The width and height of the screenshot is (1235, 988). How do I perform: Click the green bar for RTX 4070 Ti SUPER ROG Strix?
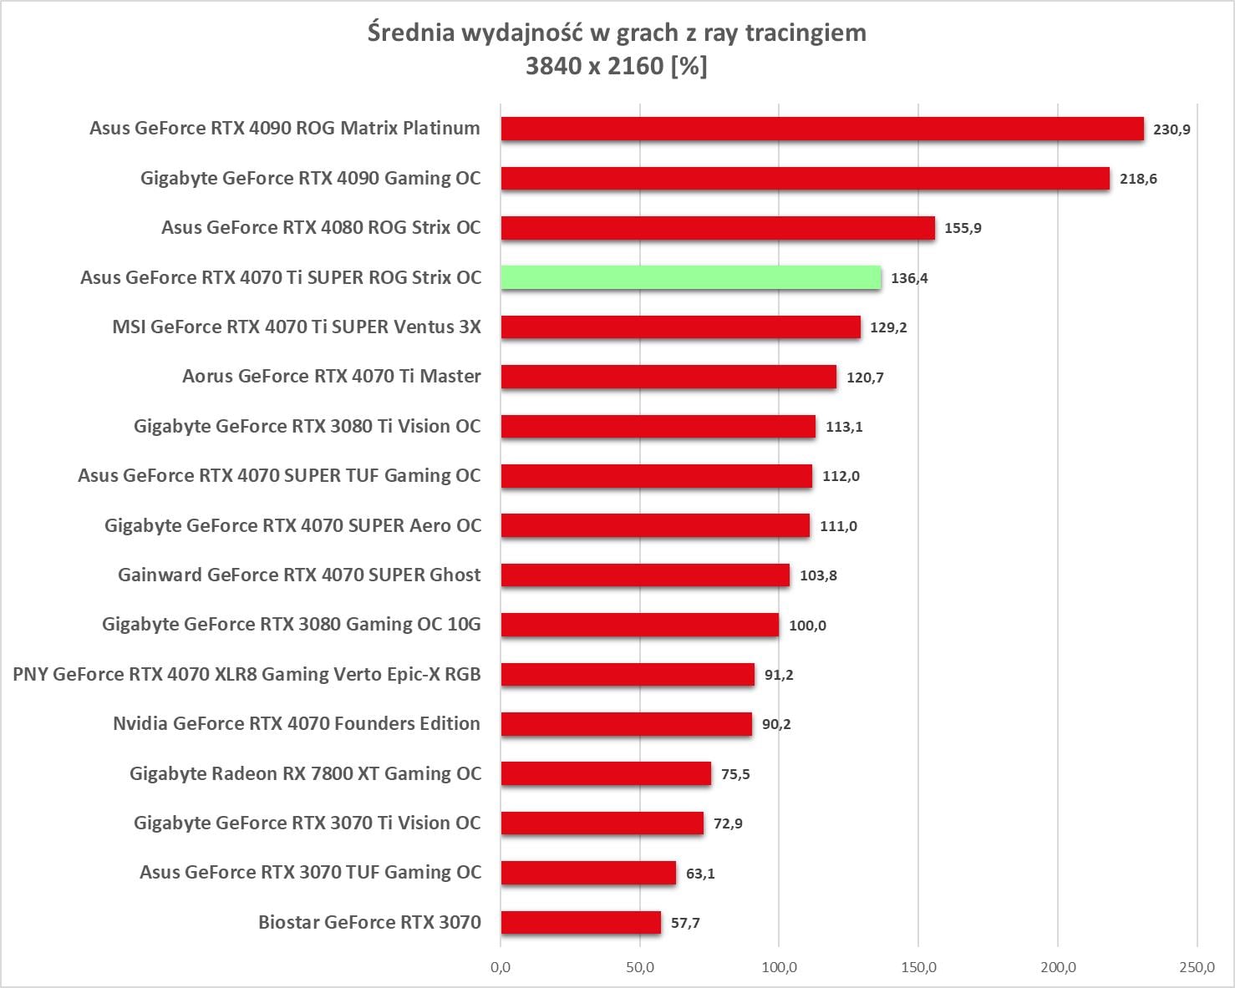pos(690,277)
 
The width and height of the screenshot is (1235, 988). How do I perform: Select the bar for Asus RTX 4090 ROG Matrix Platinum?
pos(822,129)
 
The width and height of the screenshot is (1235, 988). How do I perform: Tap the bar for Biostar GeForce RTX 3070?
pos(581,922)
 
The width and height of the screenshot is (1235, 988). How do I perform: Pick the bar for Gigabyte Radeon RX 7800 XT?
pos(606,773)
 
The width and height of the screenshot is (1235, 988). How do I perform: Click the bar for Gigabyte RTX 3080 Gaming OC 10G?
pos(640,625)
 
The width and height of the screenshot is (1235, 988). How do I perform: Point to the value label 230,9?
pos(1171,129)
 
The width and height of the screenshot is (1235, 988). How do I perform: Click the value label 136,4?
pos(909,278)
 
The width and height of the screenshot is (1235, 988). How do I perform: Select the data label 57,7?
pos(685,923)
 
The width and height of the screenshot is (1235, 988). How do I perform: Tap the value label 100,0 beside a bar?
pos(807,626)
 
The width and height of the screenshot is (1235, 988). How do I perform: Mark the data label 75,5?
pos(735,774)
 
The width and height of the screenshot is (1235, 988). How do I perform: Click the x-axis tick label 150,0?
pos(918,967)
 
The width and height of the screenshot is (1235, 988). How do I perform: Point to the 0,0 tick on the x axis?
pos(501,967)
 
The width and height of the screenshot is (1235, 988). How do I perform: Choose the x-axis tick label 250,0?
pos(1197,967)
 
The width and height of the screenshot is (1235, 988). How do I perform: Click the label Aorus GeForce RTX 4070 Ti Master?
pos(332,377)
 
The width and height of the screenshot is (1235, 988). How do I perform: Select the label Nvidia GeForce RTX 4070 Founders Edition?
pos(297,723)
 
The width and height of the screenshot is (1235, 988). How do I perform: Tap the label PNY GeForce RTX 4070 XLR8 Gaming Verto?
pos(246,674)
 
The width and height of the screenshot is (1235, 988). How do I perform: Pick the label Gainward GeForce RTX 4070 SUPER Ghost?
pos(299,575)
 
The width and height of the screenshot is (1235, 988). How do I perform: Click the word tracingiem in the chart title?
pos(805,33)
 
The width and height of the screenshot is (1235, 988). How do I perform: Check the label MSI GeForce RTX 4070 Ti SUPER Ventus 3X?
pos(297,327)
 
